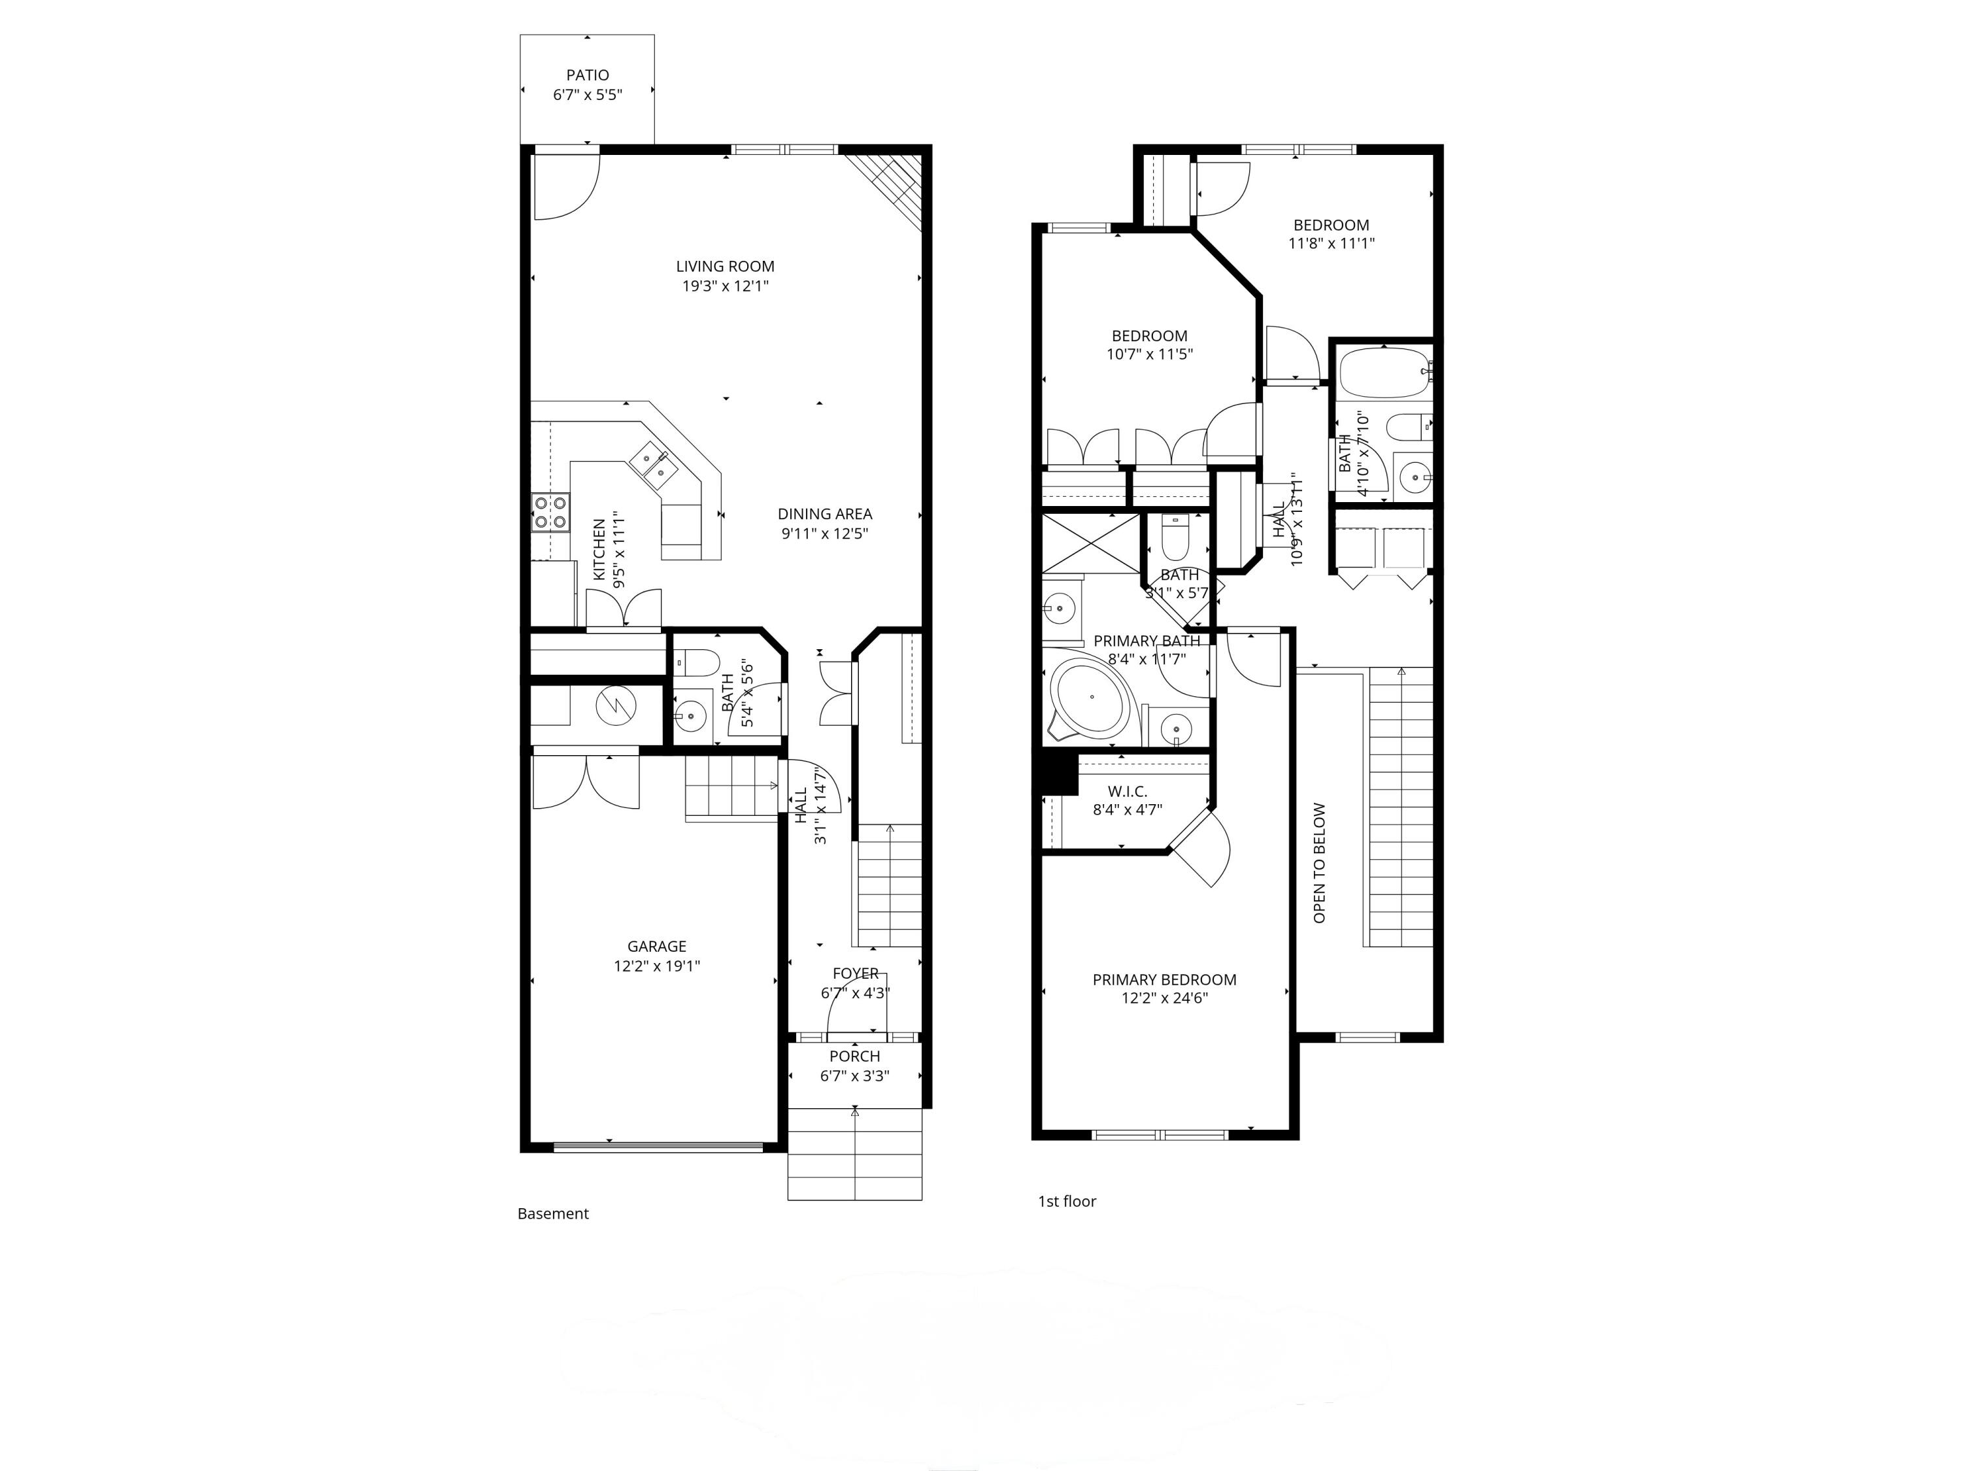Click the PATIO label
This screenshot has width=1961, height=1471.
[587, 75]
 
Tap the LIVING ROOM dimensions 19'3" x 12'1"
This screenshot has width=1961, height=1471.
[724, 286]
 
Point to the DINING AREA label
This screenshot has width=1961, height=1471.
[824, 513]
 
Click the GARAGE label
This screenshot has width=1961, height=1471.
[656, 946]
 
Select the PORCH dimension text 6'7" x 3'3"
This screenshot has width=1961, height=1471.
[854, 1075]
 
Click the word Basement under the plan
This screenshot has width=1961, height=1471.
[552, 1214]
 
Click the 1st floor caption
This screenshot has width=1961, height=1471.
[1067, 1202]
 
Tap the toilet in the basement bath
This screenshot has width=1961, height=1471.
[697, 662]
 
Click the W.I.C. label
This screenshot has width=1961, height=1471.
[1127, 791]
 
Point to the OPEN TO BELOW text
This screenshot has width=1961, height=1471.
[1319, 863]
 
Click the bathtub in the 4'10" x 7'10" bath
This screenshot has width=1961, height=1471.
[1381, 373]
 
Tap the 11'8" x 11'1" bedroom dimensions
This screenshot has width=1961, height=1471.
[1331, 243]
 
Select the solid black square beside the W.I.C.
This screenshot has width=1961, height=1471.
[1058, 772]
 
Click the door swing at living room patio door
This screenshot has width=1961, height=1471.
[567, 186]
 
